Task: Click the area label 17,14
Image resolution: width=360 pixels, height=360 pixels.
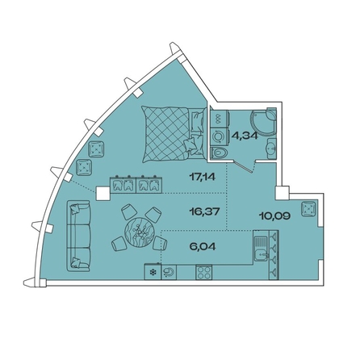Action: (x=203, y=177)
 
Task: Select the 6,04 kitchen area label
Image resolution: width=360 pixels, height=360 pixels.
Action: (x=203, y=246)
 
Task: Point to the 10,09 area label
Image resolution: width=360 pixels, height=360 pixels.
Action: (x=274, y=216)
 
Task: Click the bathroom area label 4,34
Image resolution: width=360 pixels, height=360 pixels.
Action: (x=245, y=135)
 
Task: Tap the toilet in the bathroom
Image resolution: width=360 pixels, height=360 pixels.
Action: (x=220, y=154)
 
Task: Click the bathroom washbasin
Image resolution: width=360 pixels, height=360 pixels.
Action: (x=271, y=148)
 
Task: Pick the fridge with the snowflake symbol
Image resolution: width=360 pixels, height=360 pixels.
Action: (x=153, y=272)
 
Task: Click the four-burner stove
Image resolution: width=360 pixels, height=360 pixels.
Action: (x=204, y=272)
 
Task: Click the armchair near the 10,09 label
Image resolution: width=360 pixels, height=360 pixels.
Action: (x=308, y=209)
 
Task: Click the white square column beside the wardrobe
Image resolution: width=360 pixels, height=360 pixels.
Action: (x=103, y=194)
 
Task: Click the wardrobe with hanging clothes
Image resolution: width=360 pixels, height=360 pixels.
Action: (x=136, y=184)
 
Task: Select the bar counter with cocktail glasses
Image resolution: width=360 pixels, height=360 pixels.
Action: (x=274, y=255)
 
